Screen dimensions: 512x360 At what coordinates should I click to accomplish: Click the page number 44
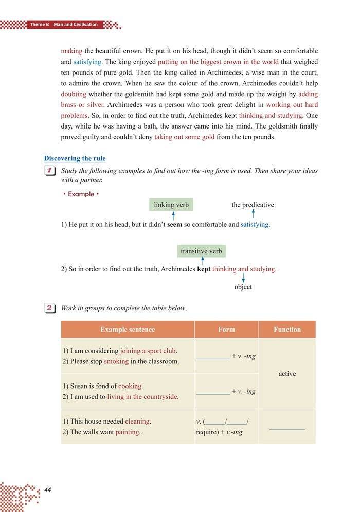click(x=48, y=489)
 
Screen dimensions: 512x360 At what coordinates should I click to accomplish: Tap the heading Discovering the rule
click(x=75, y=158)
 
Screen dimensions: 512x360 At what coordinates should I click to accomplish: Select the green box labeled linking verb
click(x=171, y=205)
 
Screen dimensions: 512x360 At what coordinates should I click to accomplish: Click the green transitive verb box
click(x=201, y=251)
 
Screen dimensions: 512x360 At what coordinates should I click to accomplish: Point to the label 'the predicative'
click(x=253, y=205)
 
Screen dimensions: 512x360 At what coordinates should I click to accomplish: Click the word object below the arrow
click(x=243, y=287)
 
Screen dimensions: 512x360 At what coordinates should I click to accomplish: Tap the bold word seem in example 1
click(x=175, y=225)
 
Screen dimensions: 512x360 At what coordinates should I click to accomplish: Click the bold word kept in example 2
click(x=204, y=269)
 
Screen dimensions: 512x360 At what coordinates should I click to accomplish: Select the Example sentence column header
click(x=128, y=330)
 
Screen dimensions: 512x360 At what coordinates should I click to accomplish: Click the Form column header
click(x=226, y=330)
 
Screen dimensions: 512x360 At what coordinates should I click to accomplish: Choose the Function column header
click(x=287, y=330)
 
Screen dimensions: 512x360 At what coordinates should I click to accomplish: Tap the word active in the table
click(x=287, y=374)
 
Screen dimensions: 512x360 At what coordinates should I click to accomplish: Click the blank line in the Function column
click(x=287, y=428)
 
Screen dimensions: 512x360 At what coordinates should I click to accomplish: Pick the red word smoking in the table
click(x=116, y=361)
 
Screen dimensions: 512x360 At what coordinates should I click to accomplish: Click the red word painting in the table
click(x=128, y=432)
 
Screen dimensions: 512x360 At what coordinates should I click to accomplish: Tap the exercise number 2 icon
click(x=50, y=308)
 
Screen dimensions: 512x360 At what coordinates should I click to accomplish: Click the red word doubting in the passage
click(x=74, y=94)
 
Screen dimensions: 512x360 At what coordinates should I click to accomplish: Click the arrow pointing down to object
click(x=243, y=278)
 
